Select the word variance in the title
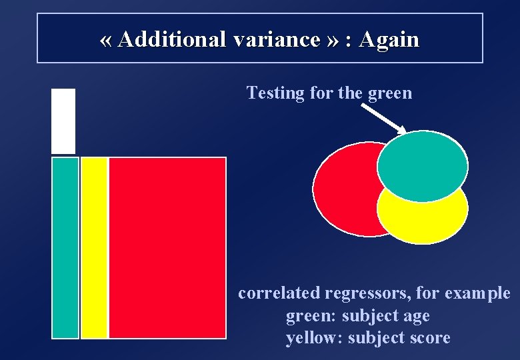point(277,39)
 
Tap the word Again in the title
point(389,39)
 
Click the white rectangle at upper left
point(63,121)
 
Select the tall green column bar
point(65,247)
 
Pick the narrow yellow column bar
point(94,247)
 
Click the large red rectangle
point(167,247)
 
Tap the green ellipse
point(422,165)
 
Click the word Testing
point(275,93)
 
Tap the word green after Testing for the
point(389,93)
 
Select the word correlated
point(279,293)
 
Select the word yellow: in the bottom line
point(311,338)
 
